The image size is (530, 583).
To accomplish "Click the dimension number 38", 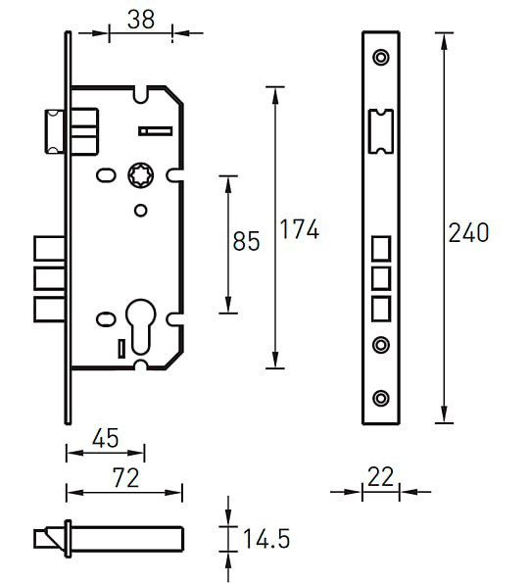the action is [141, 20].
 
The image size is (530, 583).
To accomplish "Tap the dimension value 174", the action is [299, 229].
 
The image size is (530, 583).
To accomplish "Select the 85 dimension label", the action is [246, 241].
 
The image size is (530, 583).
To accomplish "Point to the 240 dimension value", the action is [468, 233].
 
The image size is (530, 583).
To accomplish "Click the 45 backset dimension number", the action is [106, 438].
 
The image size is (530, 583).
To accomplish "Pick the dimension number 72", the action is [126, 478].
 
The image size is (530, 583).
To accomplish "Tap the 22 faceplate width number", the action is [380, 476].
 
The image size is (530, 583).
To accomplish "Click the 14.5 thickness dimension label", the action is [266, 539].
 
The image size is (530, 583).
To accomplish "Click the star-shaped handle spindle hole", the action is [141, 175].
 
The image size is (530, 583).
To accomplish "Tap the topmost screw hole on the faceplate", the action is [381, 58].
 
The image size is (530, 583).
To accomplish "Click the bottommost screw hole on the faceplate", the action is [381, 398].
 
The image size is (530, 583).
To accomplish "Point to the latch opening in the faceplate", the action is [380, 131].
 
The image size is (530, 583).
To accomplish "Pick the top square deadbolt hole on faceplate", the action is [381, 248].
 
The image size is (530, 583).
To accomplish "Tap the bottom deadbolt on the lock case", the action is [50, 309].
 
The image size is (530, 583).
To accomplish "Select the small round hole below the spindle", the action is [140, 211].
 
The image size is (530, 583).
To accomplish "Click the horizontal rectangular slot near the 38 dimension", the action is [156, 131].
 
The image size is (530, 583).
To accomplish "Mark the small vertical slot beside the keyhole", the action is [121, 349].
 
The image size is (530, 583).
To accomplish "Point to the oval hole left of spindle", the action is [106, 175].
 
